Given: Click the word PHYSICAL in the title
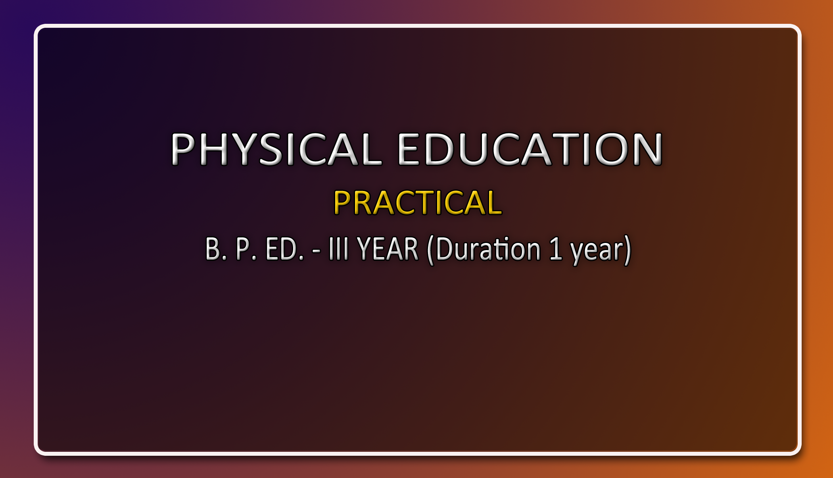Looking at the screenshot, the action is (276, 149).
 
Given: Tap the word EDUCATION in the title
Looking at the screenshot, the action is (530, 149).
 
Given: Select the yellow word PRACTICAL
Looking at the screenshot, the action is (418, 202).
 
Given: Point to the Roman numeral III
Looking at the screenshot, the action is (338, 249).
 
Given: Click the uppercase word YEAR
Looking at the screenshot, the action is (388, 249).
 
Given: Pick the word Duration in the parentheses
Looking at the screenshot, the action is (488, 249).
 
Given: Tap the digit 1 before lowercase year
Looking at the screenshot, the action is (556, 249).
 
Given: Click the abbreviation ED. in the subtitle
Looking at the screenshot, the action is (285, 249).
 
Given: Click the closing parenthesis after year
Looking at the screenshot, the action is (627, 250).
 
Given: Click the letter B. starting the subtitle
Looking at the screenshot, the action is (216, 249).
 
